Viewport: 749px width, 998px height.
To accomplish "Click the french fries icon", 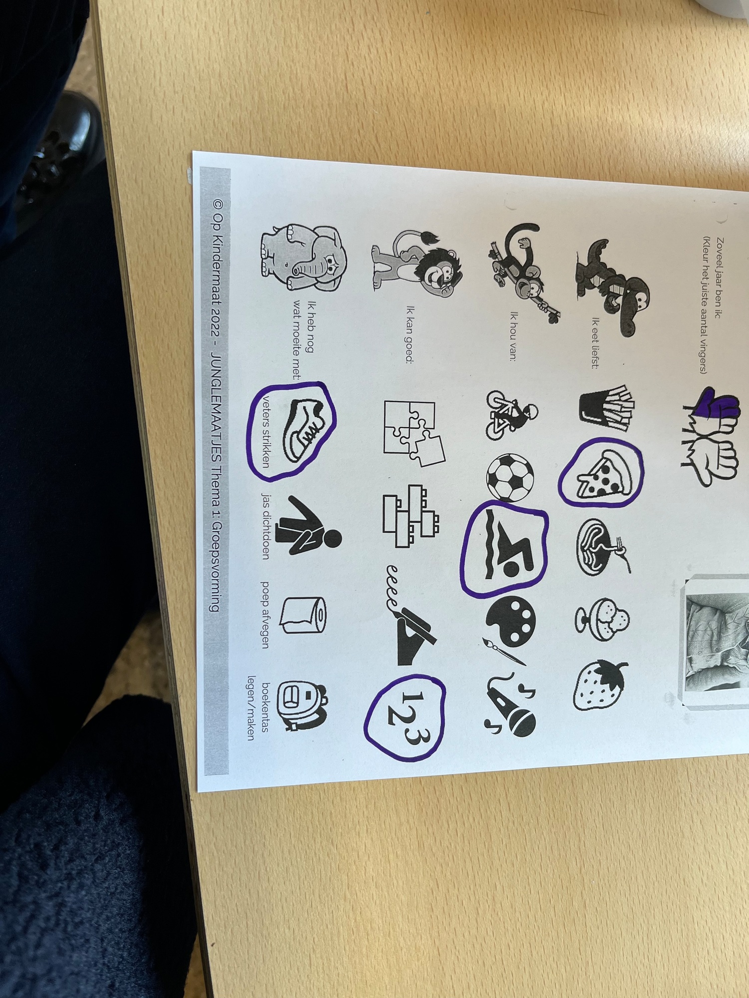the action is coord(606,407).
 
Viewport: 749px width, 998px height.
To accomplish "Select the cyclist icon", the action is coord(510,414).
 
